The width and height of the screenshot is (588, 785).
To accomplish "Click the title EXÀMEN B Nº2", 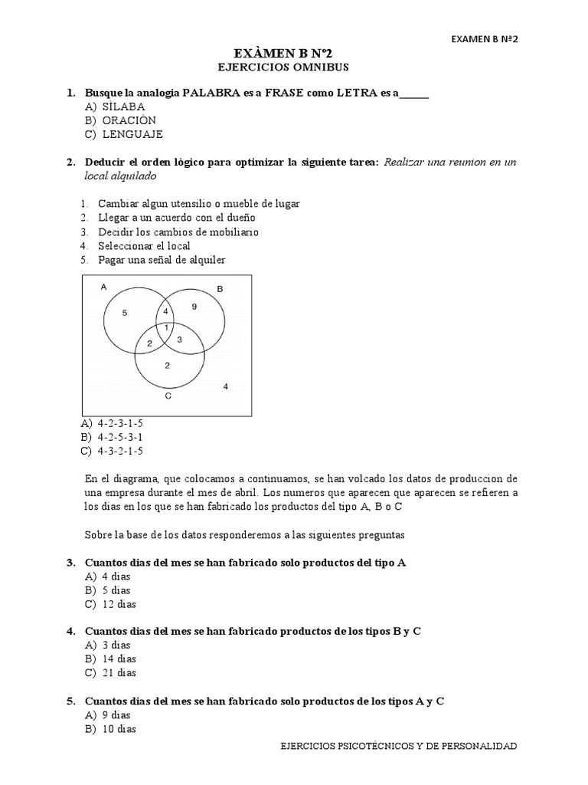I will (x=294, y=52).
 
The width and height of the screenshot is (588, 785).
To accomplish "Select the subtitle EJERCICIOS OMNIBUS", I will (x=294, y=67).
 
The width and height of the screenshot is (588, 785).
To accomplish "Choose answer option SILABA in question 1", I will (x=124, y=107).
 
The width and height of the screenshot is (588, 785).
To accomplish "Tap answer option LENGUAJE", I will (x=132, y=134).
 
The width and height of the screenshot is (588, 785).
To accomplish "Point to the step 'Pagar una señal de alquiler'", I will (x=162, y=260).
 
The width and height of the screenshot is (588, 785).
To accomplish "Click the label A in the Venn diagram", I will (x=103, y=287).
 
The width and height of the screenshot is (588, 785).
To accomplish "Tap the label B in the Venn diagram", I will (x=220, y=288).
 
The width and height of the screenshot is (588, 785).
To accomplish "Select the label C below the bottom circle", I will (x=168, y=396).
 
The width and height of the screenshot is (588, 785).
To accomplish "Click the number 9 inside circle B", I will (x=194, y=307).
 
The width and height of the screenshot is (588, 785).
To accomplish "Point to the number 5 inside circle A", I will (x=125, y=313).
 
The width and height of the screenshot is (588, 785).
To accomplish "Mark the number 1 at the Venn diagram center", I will (x=166, y=328).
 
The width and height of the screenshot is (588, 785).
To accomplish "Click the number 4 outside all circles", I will (x=225, y=386).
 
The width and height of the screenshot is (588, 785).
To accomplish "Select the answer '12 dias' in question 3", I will (x=119, y=604).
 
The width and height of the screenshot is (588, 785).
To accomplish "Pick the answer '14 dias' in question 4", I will (x=119, y=659).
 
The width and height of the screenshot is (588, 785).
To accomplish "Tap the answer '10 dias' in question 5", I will (x=119, y=729).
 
